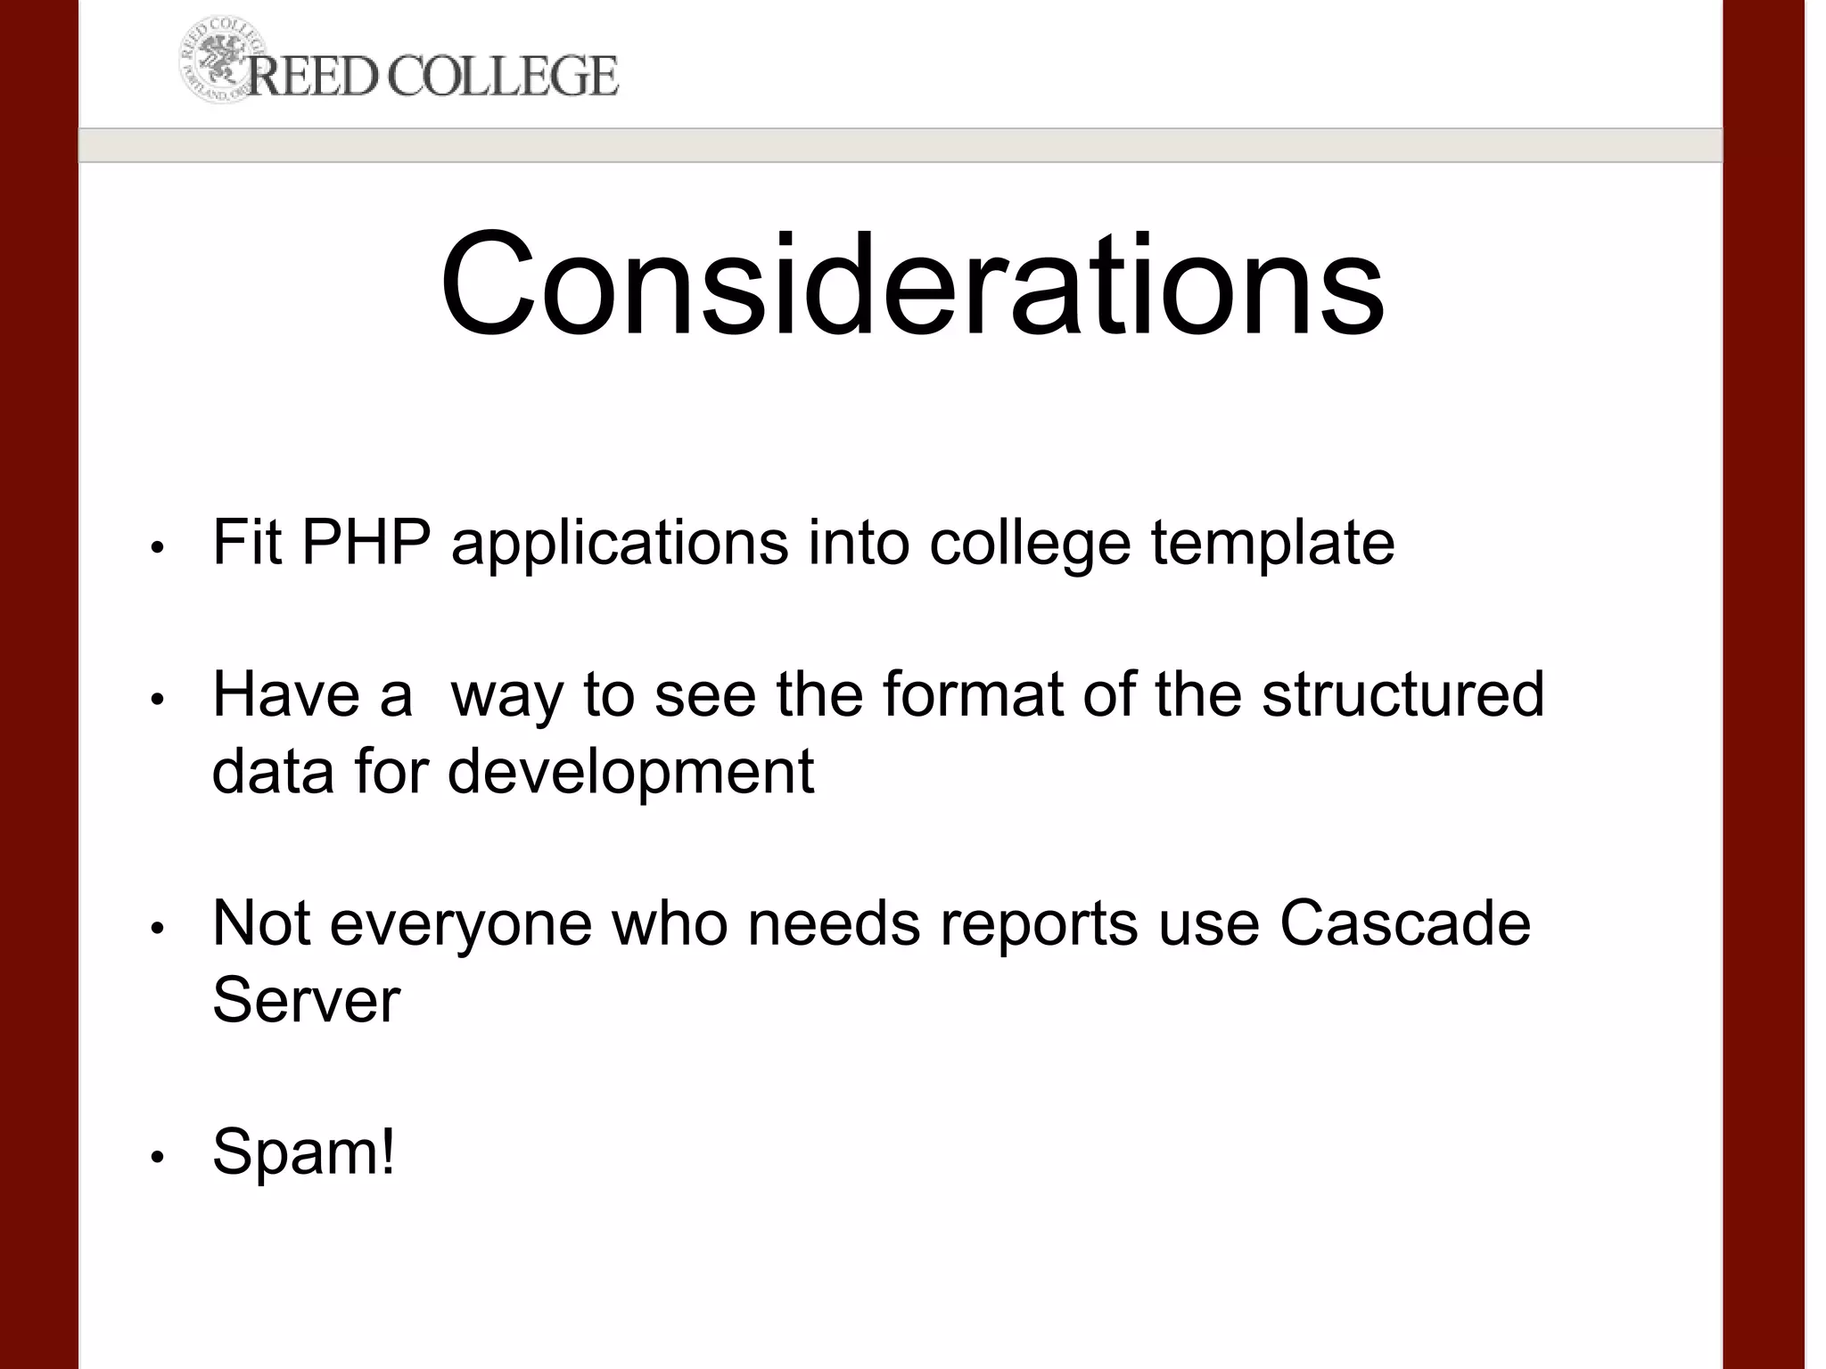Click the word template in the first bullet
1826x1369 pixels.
click(x=1272, y=543)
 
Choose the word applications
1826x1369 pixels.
click(x=620, y=543)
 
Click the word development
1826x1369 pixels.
click(x=630, y=771)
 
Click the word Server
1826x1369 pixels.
click(x=306, y=999)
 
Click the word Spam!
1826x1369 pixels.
click(x=303, y=1152)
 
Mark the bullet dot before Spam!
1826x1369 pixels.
click(x=157, y=1158)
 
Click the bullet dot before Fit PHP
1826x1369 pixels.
click(x=157, y=547)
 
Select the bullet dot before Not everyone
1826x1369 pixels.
click(x=157, y=929)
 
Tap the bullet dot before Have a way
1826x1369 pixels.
click(x=157, y=700)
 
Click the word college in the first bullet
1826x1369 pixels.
click(x=1030, y=543)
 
